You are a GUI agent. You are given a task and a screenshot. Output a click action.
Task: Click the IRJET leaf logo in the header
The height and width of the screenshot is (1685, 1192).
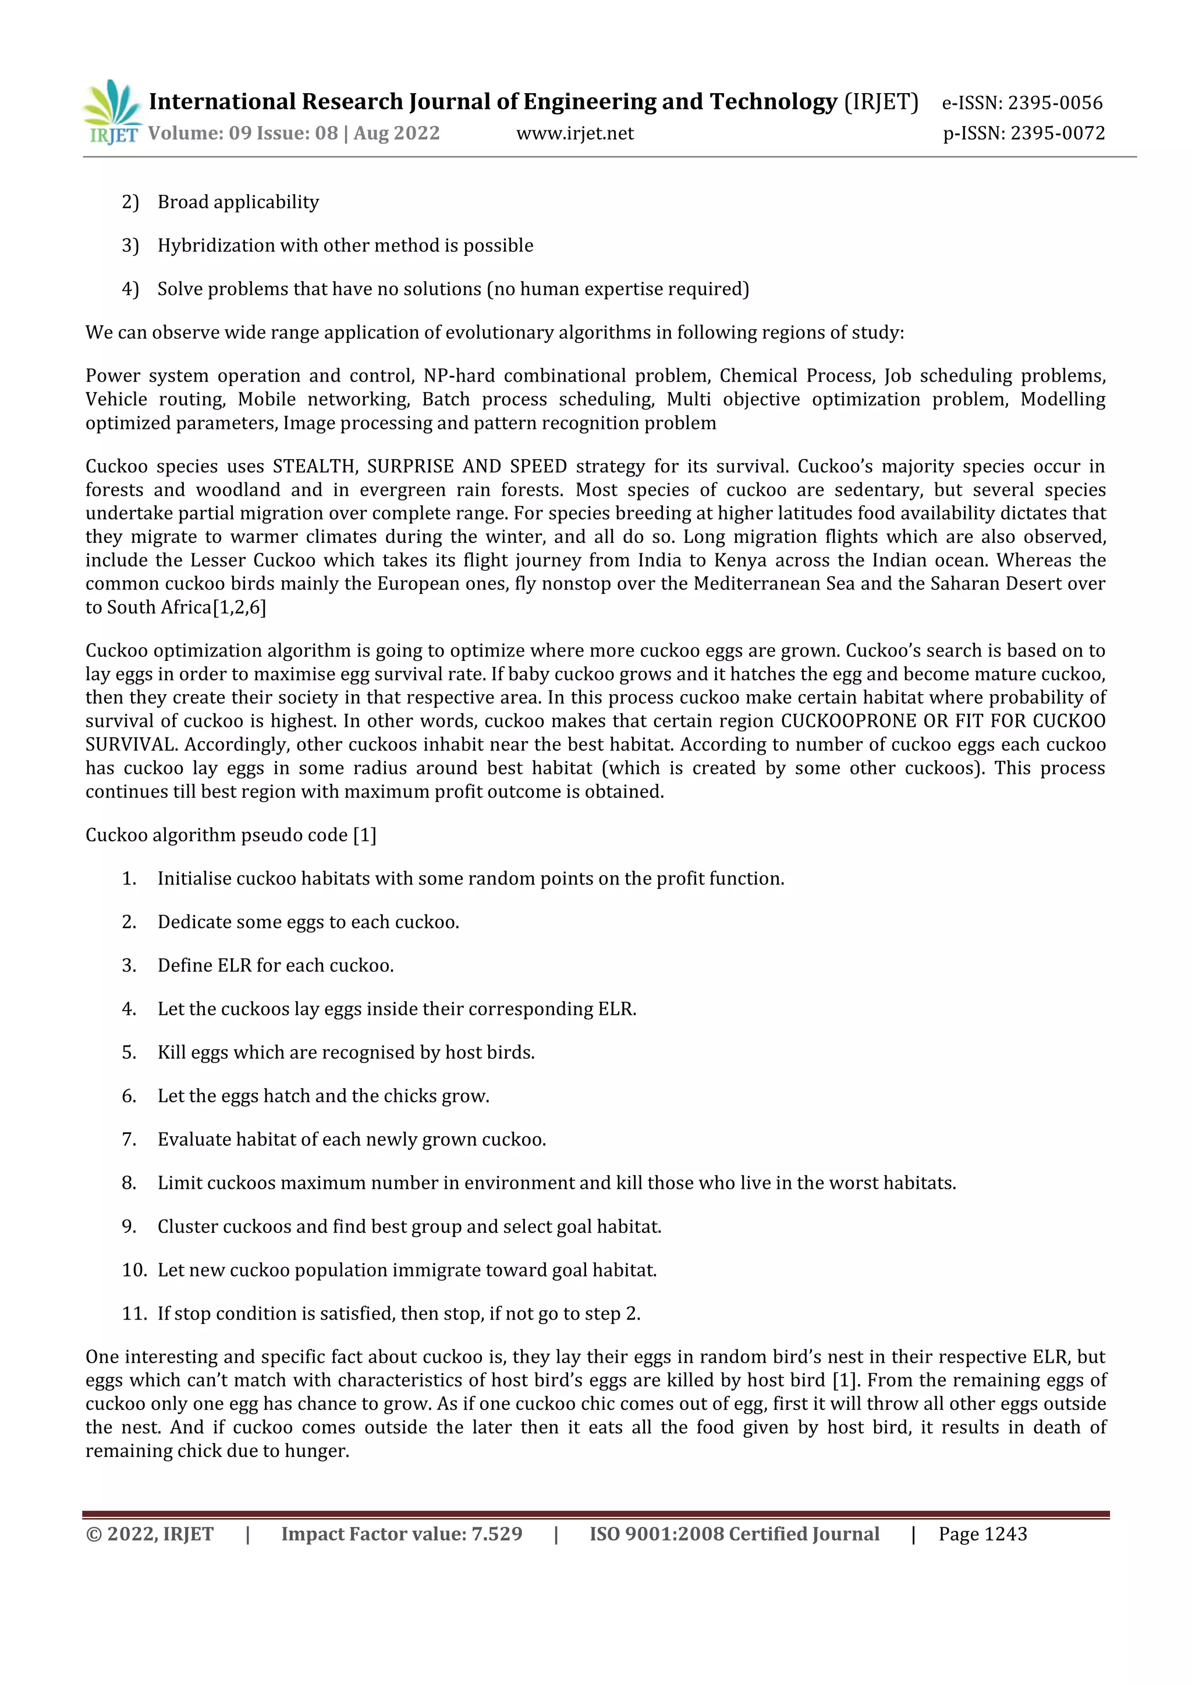click(112, 112)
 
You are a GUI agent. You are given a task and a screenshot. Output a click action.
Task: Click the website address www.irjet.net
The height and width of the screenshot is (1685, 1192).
click(574, 134)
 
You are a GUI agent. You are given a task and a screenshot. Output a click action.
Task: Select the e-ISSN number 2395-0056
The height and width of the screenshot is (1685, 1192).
click(1055, 103)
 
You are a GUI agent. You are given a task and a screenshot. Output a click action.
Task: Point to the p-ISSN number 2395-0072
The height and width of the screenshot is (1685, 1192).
click(1057, 134)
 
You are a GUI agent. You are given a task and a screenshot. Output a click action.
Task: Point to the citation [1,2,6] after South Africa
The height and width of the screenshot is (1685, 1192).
click(239, 607)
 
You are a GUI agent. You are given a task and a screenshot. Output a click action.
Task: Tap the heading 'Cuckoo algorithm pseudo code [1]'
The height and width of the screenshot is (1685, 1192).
click(230, 835)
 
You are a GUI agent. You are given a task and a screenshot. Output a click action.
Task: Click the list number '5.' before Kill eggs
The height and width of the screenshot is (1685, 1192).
click(129, 1053)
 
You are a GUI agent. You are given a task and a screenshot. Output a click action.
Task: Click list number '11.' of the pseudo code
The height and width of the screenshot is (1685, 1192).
click(134, 1314)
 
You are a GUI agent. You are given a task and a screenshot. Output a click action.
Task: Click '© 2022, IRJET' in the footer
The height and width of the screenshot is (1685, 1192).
click(150, 1534)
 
